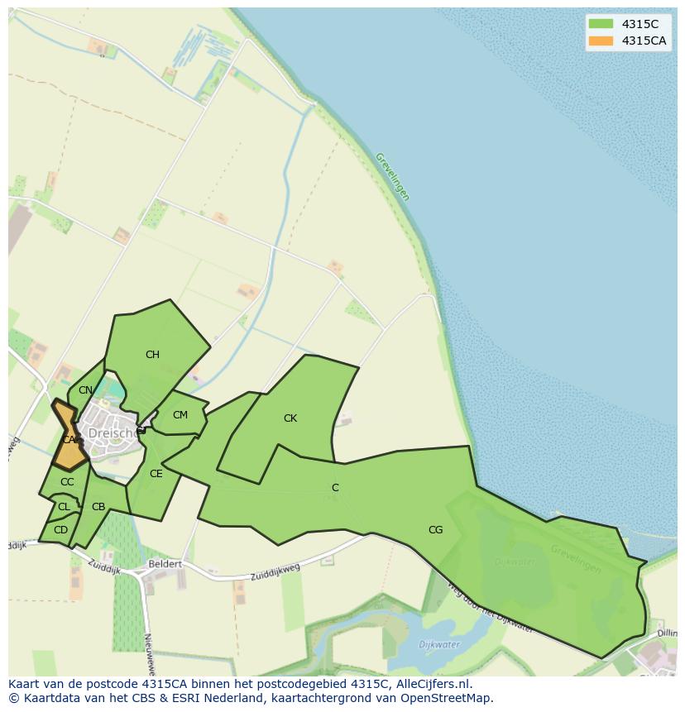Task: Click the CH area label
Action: click(152, 355)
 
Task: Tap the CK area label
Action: click(290, 418)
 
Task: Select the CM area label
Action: click(180, 415)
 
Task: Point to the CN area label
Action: click(85, 390)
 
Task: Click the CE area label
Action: click(156, 474)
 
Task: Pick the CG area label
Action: click(435, 530)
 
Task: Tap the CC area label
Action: click(67, 482)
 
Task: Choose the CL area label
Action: click(64, 507)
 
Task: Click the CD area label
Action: click(60, 530)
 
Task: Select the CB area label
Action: click(98, 507)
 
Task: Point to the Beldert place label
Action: click(164, 565)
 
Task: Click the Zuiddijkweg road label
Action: click(275, 571)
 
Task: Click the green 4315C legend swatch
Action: click(601, 24)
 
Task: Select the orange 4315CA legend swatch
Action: click(601, 41)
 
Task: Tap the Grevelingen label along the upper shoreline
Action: click(392, 176)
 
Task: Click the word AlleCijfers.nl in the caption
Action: click(434, 684)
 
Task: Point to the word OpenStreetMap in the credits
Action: click(443, 698)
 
